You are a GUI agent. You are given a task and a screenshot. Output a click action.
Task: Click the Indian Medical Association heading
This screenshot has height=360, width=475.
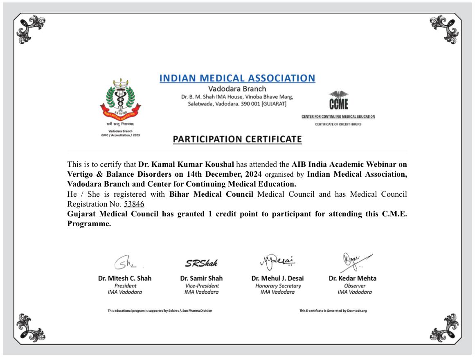pyautogui.click(x=237, y=78)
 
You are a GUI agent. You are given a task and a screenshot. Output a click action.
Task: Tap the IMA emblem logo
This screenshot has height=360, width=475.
pyautogui.click(x=120, y=99)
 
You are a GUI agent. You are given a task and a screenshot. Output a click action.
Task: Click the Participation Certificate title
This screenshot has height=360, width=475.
pyautogui.click(x=237, y=139)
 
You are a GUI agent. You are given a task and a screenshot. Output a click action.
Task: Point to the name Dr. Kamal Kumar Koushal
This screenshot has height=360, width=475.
pyautogui.click(x=186, y=165)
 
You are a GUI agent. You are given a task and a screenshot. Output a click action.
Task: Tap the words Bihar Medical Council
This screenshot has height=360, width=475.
pyautogui.click(x=211, y=194)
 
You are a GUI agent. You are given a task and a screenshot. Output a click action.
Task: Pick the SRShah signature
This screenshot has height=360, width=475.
pyautogui.click(x=201, y=262)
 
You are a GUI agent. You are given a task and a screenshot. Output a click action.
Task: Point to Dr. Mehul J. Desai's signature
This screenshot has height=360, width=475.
pyautogui.click(x=277, y=260)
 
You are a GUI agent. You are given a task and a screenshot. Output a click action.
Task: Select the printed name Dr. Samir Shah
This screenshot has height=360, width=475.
pyautogui.click(x=201, y=278)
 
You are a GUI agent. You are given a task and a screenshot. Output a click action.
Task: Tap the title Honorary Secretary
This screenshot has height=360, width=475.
pyautogui.click(x=278, y=286)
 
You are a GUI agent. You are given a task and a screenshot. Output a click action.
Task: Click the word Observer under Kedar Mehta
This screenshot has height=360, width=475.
pyautogui.click(x=355, y=286)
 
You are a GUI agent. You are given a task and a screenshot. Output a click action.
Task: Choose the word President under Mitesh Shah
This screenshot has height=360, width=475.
pyautogui.click(x=125, y=286)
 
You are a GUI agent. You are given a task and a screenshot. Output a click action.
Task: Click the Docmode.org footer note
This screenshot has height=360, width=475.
pyautogui.click(x=333, y=311)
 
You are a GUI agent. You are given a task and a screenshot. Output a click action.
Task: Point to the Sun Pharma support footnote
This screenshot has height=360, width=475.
pyautogui.click(x=160, y=311)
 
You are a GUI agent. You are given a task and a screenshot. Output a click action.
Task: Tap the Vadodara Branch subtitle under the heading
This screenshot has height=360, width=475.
pyautogui.click(x=237, y=89)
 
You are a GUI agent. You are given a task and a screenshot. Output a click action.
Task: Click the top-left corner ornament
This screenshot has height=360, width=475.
pyautogui.click(x=30, y=29)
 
